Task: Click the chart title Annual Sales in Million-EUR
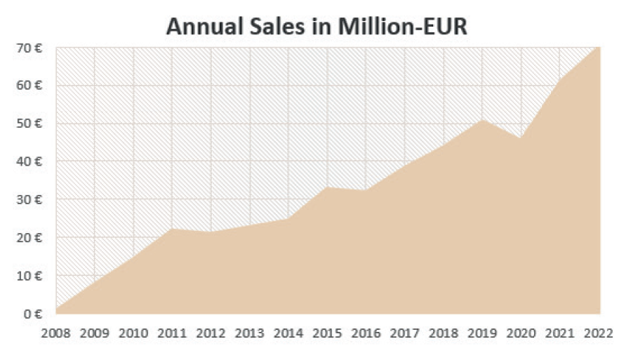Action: [316, 27]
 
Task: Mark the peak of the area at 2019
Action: [483, 120]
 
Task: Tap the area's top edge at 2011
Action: [173, 229]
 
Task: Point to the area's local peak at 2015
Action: [328, 187]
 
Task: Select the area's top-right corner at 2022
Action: [599, 48]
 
